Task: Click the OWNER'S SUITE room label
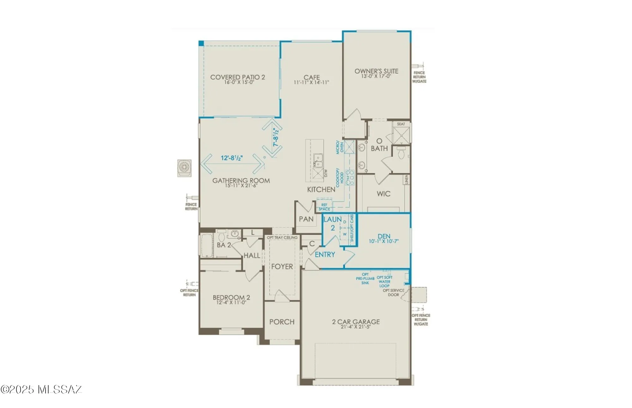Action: [x=376, y=71]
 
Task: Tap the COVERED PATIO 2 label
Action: [x=238, y=77]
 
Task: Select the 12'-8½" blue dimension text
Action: [x=232, y=158]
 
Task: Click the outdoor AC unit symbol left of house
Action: [x=184, y=168]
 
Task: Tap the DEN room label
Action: [x=384, y=236]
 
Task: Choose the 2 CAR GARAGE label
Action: [x=356, y=322]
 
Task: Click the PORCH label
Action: [x=282, y=322]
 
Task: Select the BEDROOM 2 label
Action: [x=231, y=297]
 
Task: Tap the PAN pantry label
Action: [x=306, y=219]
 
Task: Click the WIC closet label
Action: [x=383, y=194]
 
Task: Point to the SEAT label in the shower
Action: [x=401, y=124]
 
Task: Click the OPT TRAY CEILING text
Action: [x=282, y=237]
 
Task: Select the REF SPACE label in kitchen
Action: [x=324, y=207]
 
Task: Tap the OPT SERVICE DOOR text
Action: [x=393, y=292]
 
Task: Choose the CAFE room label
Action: [x=312, y=77]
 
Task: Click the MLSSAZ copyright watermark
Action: [x=41, y=389]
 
